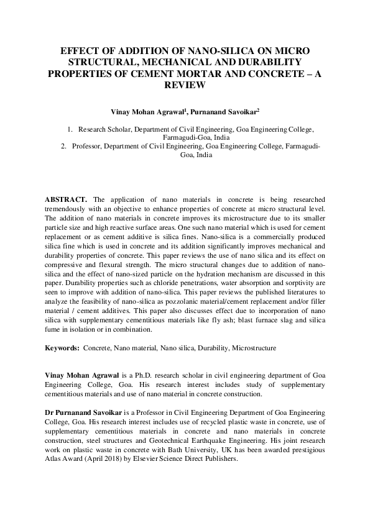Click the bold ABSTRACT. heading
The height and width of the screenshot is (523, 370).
[x=68, y=199]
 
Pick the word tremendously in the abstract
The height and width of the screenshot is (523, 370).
[x=69, y=209]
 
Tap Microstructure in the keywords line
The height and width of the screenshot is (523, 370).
[x=253, y=348]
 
